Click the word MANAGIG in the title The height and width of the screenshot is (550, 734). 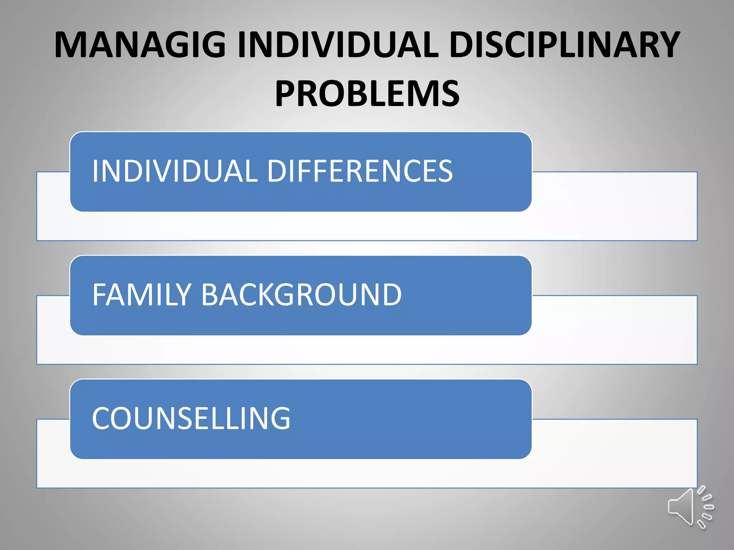pyautogui.click(x=140, y=45)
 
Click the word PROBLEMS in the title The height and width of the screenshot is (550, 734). pyautogui.click(x=367, y=94)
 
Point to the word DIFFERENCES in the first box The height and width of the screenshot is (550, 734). pyautogui.click(x=360, y=171)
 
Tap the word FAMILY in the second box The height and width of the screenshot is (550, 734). pyautogui.click(x=142, y=295)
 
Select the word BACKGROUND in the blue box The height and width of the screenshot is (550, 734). pyautogui.click(x=301, y=295)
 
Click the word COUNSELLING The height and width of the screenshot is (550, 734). pyautogui.click(x=191, y=418)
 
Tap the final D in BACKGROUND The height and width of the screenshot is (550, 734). pyautogui.click(x=391, y=295)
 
